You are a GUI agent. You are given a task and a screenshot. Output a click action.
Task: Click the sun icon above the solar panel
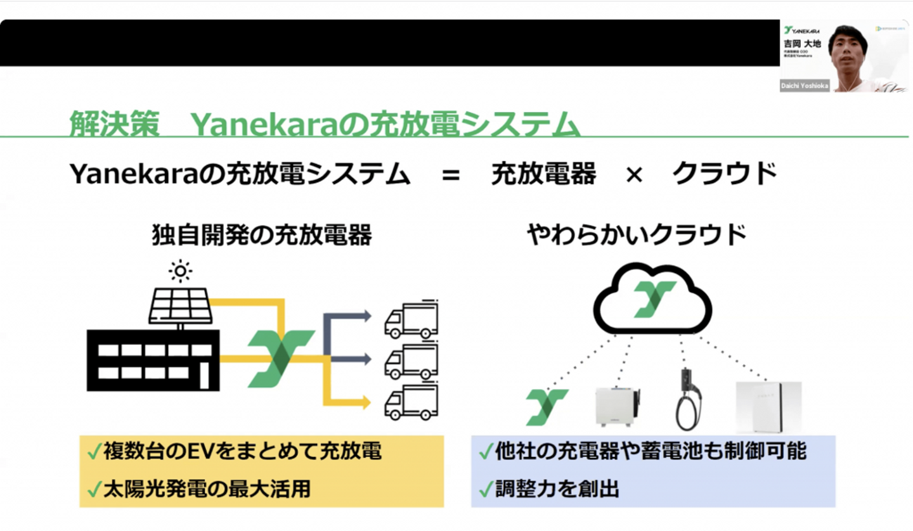[x=181, y=271]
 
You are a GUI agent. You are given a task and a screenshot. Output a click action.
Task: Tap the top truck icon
[x=411, y=319]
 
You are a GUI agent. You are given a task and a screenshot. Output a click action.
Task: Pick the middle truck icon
[x=411, y=361]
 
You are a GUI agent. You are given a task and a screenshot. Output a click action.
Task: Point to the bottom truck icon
[x=411, y=402]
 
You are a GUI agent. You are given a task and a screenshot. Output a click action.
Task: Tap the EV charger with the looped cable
[x=686, y=399]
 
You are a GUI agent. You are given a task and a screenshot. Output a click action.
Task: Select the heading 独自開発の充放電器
[x=262, y=236]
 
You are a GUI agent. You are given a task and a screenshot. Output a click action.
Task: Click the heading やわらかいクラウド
[x=637, y=236]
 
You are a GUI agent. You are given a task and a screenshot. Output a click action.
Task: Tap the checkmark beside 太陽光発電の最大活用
[x=94, y=489]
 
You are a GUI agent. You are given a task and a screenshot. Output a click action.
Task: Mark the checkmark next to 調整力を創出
[x=486, y=489]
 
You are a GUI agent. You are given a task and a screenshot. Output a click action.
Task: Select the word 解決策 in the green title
[x=114, y=124]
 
